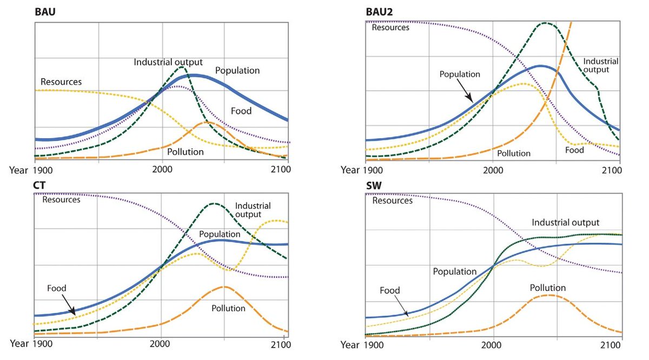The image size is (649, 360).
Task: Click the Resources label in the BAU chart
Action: (61, 82)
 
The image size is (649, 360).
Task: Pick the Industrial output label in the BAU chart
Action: (168, 62)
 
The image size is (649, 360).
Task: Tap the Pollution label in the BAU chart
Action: (185, 152)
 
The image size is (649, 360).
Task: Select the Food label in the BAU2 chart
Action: (574, 150)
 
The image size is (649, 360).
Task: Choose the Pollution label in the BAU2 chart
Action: (514, 154)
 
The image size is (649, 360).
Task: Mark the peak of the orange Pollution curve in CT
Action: (223, 287)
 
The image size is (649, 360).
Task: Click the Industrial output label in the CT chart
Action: (253, 210)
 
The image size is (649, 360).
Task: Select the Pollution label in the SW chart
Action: (547, 288)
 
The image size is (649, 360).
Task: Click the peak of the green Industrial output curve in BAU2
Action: (545, 23)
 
